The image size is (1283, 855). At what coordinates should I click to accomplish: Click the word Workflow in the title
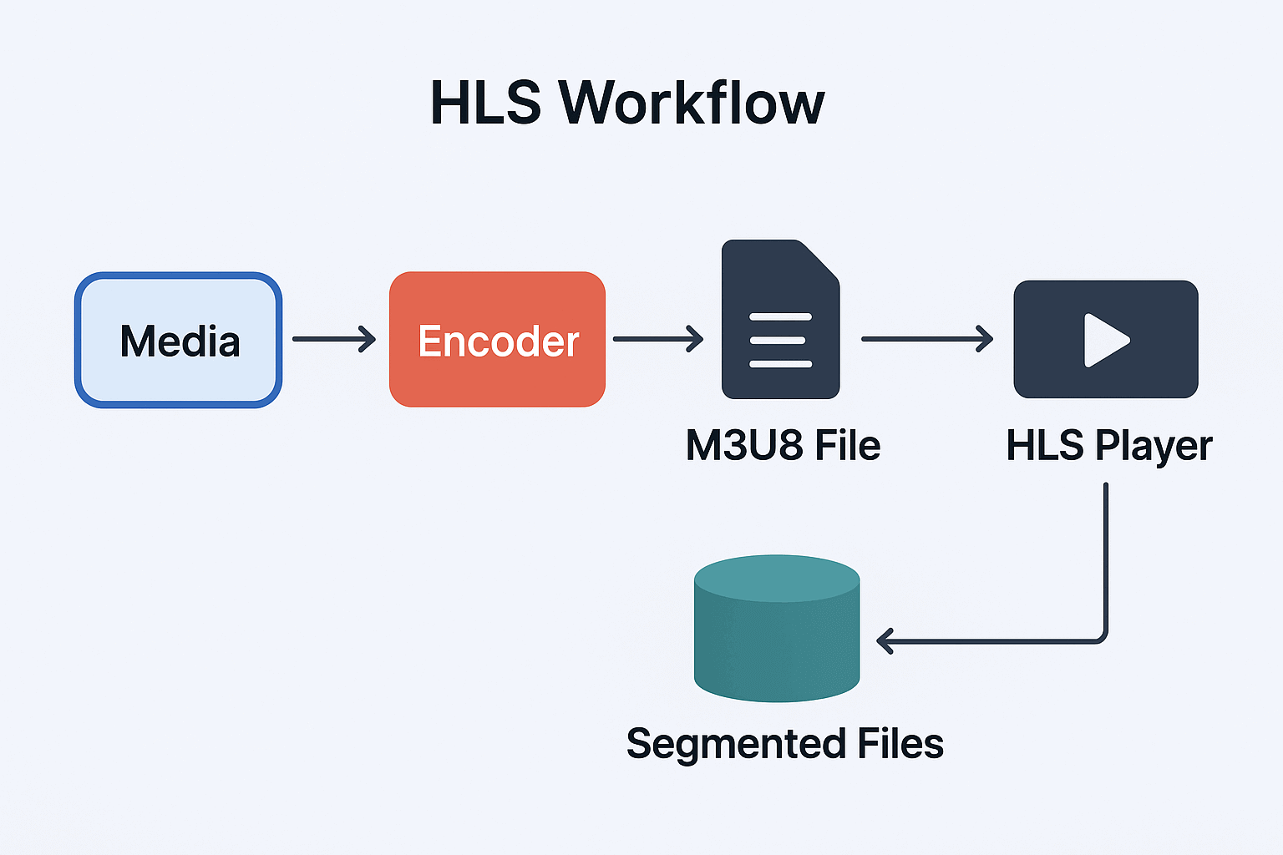(692, 104)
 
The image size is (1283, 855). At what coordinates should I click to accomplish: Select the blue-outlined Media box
(179, 340)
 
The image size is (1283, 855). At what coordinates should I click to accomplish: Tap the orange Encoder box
(497, 340)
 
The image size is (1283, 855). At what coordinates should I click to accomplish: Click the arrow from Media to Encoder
(334, 339)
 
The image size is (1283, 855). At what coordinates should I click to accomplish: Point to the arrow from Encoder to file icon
(658, 339)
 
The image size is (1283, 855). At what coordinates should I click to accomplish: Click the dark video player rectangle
(1044, 367)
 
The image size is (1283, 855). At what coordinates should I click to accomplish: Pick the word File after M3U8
(847, 445)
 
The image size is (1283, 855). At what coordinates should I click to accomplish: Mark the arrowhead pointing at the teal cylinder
(884, 641)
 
